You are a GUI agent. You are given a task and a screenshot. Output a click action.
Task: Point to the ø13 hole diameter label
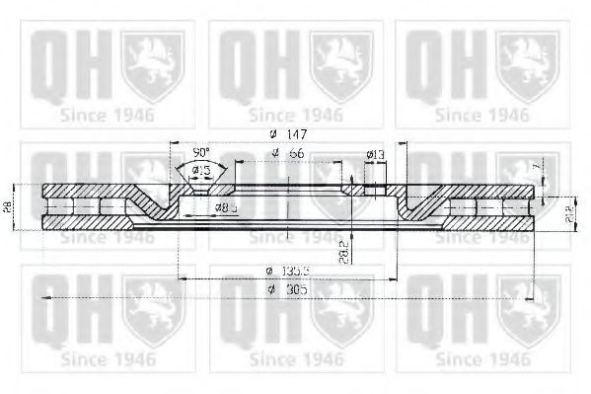[375, 154]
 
